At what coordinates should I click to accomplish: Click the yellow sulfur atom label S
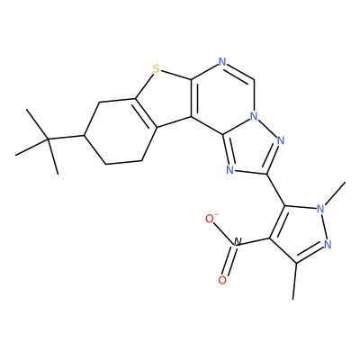[156, 69]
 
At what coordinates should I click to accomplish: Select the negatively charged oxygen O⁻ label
[211, 219]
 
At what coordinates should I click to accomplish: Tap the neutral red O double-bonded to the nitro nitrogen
[222, 280]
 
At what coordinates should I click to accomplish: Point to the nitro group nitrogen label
[237, 243]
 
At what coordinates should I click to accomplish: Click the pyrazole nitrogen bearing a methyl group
[321, 209]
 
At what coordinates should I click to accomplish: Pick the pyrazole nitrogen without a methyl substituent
[328, 245]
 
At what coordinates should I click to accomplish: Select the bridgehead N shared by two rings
[255, 116]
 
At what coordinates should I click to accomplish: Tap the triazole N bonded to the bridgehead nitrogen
[281, 140]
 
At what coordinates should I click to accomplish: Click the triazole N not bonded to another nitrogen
[230, 170]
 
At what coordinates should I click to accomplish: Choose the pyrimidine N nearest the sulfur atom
[222, 62]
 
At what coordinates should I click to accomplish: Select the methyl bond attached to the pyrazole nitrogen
[336, 193]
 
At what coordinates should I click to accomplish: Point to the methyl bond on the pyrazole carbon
[295, 281]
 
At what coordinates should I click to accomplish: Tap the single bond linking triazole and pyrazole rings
[276, 190]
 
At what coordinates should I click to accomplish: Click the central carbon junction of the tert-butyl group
[48, 139]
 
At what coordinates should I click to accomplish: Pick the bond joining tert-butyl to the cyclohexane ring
[66, 138]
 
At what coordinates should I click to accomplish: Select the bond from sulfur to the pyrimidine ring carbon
[175, 76]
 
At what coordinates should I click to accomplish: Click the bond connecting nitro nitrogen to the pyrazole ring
[255, 242]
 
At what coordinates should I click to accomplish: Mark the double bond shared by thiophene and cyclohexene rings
[146, 113]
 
